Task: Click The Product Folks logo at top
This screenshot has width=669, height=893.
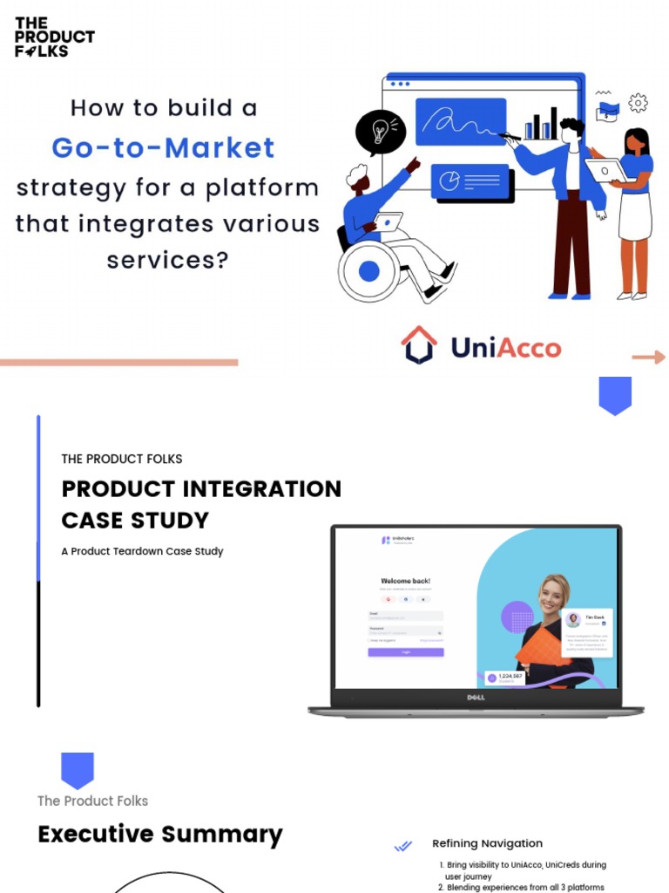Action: pyautogui.click(x=54, y=37)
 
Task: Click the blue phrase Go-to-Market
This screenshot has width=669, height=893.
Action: pyautogui.click(x=163, y=147)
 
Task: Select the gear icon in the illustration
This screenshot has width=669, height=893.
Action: pyautogui.click(x=638, y=103)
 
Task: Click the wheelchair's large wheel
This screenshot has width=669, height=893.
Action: pyautogui.click(x=369, y=271)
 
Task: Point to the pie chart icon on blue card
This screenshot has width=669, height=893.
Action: pyautogui.click(x=449, y=181)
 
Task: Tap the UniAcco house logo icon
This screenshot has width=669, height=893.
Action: pyautogui.click(x=419, y=346)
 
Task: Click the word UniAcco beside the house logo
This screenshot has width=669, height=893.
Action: pyautogui.click(x=505, y=348)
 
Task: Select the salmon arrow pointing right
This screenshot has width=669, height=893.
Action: pyautogui.click(x=648, y=357)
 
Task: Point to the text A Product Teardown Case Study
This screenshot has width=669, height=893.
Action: pyautogui.click(x=142, y=551)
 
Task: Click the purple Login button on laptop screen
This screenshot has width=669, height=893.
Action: pyautogui.click(x=405, y=652)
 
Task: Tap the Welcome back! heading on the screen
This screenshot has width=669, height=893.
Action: pyautogui.click(x=405, y=581)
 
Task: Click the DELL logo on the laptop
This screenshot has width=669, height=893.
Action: pyautogui.click(x=476, y=697)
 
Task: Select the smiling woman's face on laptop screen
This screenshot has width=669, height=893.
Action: pyautogui.click(x=551, y=597)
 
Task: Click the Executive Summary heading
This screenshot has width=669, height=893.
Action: pyautogui.click(x=160, y=835)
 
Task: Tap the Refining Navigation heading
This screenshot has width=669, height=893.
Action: pyautogui.click(x=487, y=843)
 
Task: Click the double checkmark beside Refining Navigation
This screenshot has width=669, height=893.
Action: pyautogui.click(x=402, y=845)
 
